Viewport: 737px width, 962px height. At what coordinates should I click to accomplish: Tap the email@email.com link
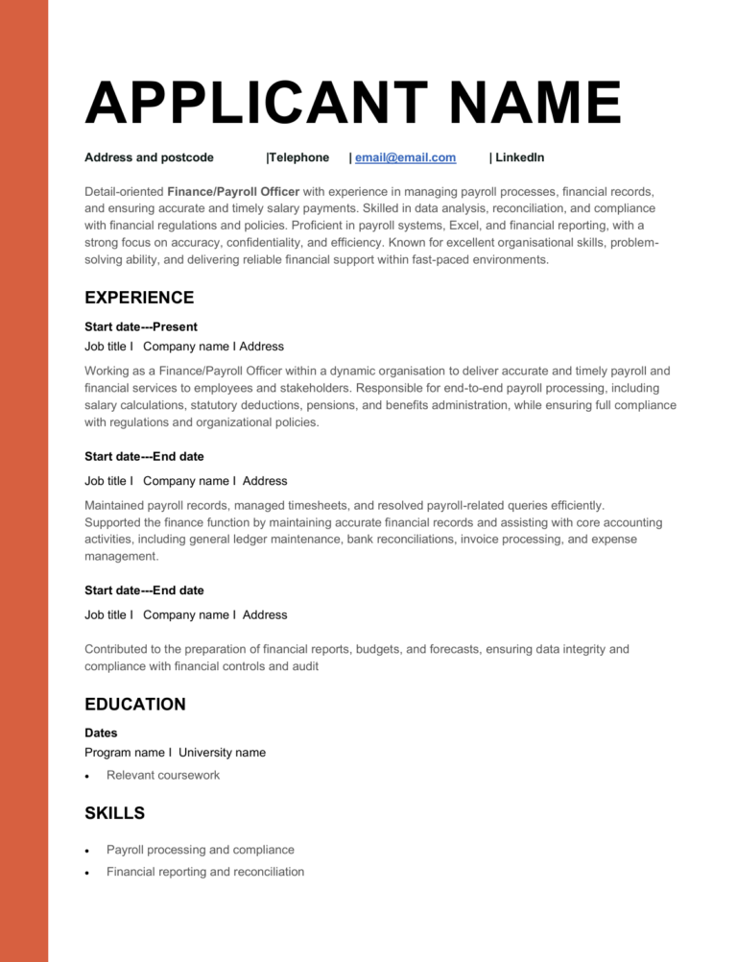pos(405,157)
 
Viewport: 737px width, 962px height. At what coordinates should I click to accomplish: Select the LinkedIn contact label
pos(519,157)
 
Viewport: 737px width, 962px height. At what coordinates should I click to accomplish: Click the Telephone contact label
pos(298,157)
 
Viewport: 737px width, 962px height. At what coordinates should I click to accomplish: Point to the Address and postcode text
pos(149,157)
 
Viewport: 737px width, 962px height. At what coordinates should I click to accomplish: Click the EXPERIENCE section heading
pos(139,298)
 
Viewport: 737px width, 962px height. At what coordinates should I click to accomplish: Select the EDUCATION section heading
pos(135,705)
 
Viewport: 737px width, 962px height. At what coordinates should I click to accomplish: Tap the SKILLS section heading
pos(115,813)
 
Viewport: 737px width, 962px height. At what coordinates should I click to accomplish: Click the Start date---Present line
pos(141,326)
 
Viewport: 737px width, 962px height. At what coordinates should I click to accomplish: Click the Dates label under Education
pos(101,733)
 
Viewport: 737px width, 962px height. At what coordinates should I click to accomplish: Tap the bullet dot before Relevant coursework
pos(88,776)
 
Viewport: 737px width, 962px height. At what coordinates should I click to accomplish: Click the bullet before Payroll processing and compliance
pos(88,851)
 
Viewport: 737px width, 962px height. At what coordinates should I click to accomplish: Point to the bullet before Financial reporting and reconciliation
pos(88,873)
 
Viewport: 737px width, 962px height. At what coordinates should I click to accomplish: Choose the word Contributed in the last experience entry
pos(119,649)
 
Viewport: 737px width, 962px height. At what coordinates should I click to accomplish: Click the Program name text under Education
pos(125,753)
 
